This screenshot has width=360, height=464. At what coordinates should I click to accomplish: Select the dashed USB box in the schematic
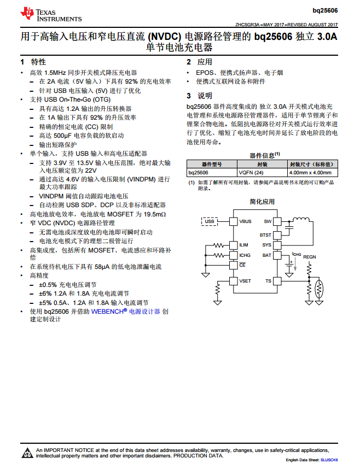point(210,221)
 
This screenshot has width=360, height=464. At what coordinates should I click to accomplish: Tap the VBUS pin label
point(246,221)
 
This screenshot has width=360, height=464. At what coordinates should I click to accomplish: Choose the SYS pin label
point(266,245)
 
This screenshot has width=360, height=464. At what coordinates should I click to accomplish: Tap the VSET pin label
point(246,281)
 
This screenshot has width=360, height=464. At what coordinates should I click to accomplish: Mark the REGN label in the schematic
point(310,256)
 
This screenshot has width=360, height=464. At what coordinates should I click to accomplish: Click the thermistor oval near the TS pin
point(320,287)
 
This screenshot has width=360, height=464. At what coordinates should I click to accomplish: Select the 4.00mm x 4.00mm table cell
point(312,172)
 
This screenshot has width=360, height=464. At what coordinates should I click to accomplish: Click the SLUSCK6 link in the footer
point(329,460)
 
